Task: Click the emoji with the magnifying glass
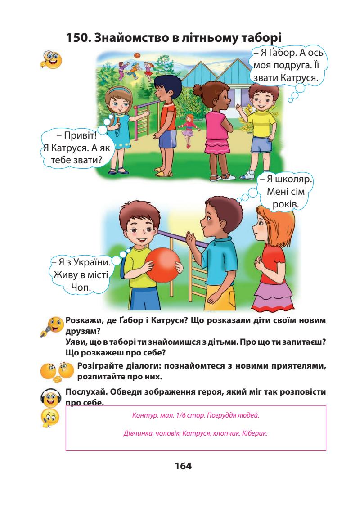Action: coord(50,60)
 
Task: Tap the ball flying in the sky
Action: coord(137,56)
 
